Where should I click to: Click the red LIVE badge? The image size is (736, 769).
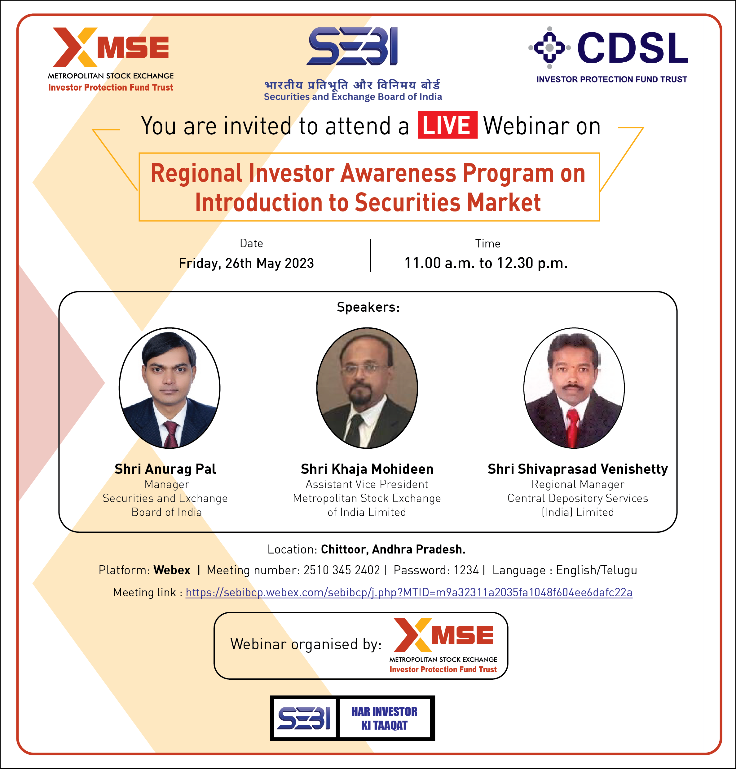pyautogui.click(x=447, y=125)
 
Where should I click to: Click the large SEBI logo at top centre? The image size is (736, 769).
pyautogui.click(x=353, y=46)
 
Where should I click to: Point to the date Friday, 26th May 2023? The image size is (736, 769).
pyautogui.click(x=246, y=263)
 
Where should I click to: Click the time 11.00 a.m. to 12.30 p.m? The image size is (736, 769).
pyautogui.click(x=486, y=263)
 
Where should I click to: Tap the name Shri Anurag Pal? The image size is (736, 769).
pyautogui.click(x=165, y=469)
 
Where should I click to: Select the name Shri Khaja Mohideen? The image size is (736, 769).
pyautogui.click(x=367, y=469)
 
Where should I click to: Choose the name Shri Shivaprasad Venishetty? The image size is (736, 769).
pyautogui.click(x=578, y=469)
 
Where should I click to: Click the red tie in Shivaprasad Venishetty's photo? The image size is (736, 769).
pyautogui.click(x=573, y=428)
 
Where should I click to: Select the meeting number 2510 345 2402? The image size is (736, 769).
pyautogui.click(x=342, y=570)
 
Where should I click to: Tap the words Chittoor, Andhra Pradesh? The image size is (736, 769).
pyautogui.click(x=393, y=549)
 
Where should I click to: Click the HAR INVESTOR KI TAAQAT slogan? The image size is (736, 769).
pyautogui.click(x=384, y=718)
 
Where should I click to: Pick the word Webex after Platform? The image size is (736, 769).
pyautogui.click(x=172, y=570)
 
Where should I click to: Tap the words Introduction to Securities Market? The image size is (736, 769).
pyautogui.click(x=368, y=202)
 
